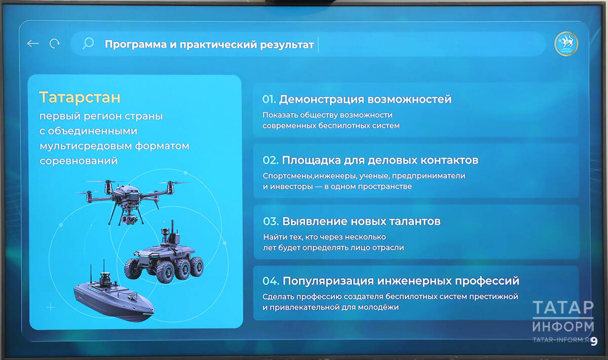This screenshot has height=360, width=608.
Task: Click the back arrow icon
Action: pyautogui.click(x=33, y=44)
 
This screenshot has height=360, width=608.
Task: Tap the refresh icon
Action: pyautogui.click(x=55, y=44)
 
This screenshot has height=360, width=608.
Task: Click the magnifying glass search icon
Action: pyautogui.click(x=88, y=44)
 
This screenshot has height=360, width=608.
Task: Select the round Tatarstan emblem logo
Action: pyautogui.click(x=566, y=44)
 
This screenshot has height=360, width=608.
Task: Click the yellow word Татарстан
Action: pyautogui.click(x=80, y=97)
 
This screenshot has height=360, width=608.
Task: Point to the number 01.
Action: pyautogui.click(x=269, y=99)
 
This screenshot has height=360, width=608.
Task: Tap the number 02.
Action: pyautogui.click(x=271, y=160)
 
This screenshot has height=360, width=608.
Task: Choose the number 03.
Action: pyautogui.click(x=271, y=222)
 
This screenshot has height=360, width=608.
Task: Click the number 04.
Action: pyautogui.click(x=271, y=281)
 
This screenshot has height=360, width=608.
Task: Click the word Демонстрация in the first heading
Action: pyautogui.click(x=321, y=99)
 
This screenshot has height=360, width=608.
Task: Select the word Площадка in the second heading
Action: pyautogui.click(x=311, y=161)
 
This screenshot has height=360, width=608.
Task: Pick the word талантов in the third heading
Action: pyautogui.click(x=415, y=222)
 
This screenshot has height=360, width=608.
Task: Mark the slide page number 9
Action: pyautogui.click(x=594, y=341)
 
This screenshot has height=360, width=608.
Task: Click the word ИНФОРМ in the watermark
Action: pyautogui.click(x=563, y=327)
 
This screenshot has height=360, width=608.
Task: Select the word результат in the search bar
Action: pyautogui.click(x=287, y=45)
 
